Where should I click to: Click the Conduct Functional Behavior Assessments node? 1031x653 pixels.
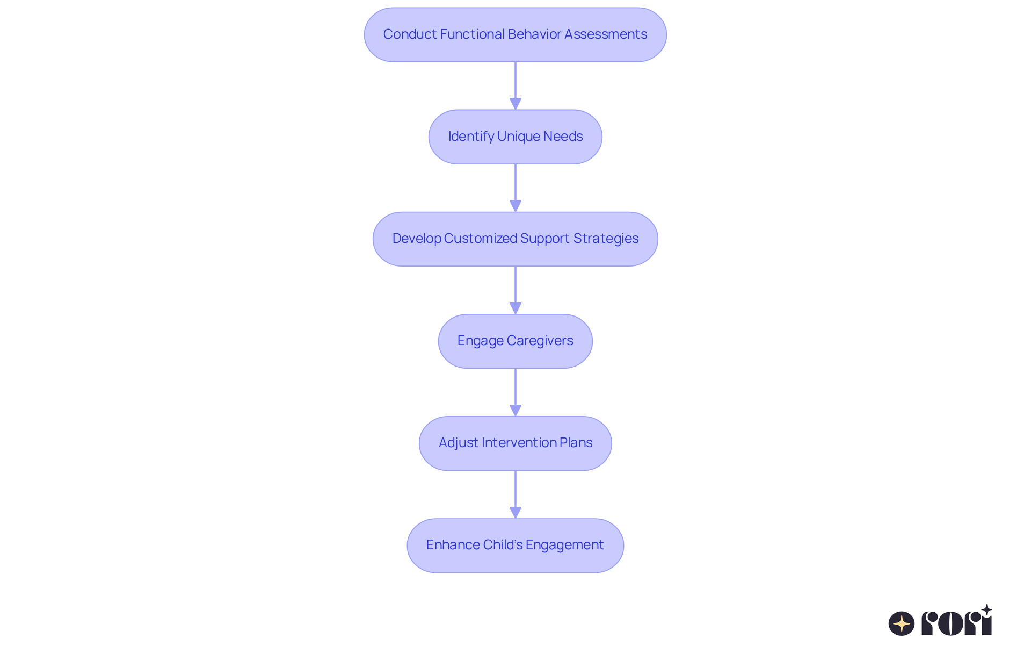(x=515, y=35)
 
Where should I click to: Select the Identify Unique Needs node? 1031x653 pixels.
(x=515, y=137)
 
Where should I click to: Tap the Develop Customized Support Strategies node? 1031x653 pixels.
(x=515, y=239)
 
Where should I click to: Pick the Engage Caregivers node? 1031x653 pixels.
(x=515, y=341)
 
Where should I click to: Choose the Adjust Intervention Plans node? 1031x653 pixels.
(x=515, y=443)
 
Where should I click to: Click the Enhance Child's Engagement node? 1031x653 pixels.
(x=515, y=546)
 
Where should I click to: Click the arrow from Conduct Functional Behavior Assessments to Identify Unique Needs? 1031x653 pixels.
(x=515, y=85)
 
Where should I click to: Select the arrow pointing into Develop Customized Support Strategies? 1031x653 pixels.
(x=515, y=187)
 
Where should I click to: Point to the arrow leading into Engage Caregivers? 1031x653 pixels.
(x=515, y=289)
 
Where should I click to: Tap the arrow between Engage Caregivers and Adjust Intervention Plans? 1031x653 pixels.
(x=515, y=391)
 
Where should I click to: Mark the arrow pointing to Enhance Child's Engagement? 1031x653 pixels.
(x=515, y=493)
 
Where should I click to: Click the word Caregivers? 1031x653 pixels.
(x=540, y=341)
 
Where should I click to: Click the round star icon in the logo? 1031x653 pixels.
(x=902, y=623)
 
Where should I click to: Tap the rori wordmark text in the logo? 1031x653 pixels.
(x=957, y=623)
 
